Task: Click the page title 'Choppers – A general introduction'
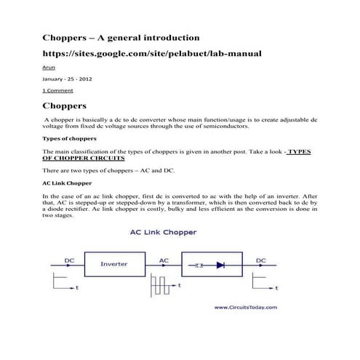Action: [120, 36]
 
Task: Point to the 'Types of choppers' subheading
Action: [70, 137]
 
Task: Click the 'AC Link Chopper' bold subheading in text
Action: [66, 183]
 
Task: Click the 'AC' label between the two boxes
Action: [165, 259]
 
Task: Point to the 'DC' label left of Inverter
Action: [70, 259]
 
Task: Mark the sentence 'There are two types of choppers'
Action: [109, 170]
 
